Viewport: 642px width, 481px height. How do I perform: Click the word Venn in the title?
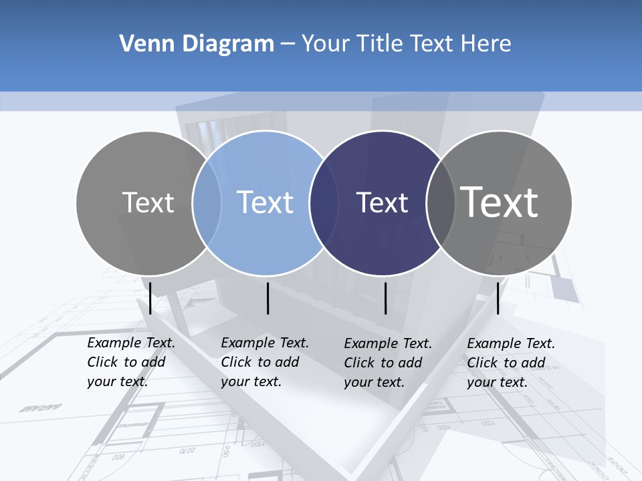(x=142, y=44)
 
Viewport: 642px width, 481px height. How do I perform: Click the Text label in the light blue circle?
(x=265, y=202)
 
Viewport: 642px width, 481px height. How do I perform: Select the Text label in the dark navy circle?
(x=382, y=202)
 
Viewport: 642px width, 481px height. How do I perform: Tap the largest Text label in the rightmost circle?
(x=500, y=202)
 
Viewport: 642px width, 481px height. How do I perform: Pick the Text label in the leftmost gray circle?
(x=148, y=202)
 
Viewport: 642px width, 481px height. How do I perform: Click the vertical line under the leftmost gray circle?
(x=150, y=298)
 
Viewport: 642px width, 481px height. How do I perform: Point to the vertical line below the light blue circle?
(x=267, y=298)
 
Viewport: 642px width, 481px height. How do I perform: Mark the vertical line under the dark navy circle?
(x=385, y=298)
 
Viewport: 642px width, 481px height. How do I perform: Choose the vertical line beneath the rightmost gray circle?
(x=498, y=298)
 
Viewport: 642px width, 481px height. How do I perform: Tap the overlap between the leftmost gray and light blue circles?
(x=207, y=202)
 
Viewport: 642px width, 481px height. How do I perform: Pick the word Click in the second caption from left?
(x=236, y=362)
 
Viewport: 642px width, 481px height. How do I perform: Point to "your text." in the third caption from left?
(x=374, y=382)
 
